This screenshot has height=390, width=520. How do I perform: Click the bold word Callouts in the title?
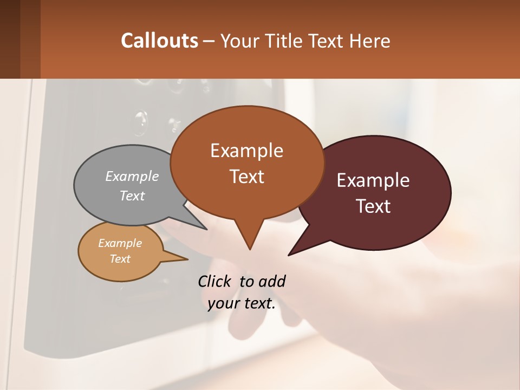(159, 41)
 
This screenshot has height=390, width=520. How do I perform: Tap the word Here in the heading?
(370, 41)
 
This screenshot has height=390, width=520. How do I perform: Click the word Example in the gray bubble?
(132, 176)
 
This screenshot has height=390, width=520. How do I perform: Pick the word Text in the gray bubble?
(132, 196)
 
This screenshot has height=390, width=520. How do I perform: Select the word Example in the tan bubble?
(120, 243)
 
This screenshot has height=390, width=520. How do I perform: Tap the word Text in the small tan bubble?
(120, 259)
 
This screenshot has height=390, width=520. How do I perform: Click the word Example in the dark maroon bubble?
(373, 180)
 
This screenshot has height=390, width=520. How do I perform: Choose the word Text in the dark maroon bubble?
(373, 206)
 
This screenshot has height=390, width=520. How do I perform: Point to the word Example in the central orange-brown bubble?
(246, 151)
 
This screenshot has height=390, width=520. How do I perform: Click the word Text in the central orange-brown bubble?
(246, 177)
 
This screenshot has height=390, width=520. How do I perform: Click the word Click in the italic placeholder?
(216, 281)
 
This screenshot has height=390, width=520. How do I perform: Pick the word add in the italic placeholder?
(271, 281)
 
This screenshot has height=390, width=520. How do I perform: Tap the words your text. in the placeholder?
(242, 303)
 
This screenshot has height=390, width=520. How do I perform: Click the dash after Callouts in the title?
(209, 41)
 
